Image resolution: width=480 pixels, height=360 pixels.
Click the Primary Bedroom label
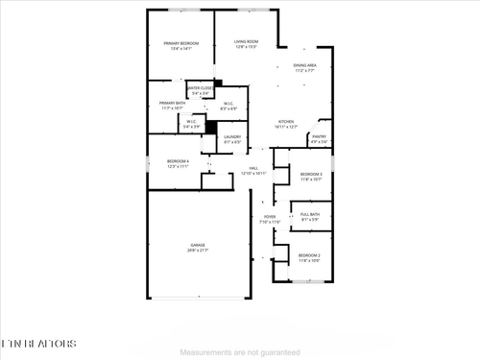(180, 43)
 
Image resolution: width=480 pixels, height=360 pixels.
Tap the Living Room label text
(247, 42)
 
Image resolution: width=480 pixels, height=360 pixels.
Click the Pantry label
(319, 136)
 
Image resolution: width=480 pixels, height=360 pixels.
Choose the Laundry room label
(231, 136)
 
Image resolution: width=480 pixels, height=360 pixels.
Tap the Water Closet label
(200, 88)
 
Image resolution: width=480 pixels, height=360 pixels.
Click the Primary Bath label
(173, 103)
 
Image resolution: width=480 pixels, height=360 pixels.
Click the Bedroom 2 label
(309, 254)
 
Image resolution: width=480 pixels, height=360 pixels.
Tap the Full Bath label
(309, 214)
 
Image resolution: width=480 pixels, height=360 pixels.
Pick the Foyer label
(270, 217)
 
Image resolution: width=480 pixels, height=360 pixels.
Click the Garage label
(197, 246)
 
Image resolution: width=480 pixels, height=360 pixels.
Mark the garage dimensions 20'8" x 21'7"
(197, 251)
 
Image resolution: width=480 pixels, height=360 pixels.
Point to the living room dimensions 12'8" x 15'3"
(247, 47)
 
